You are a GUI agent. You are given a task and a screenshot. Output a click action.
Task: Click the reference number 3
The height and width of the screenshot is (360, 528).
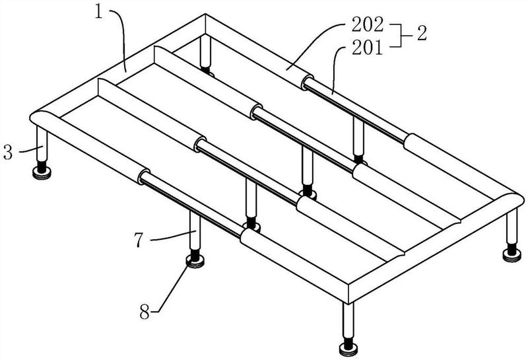pyautogui.click(x=8, y=153)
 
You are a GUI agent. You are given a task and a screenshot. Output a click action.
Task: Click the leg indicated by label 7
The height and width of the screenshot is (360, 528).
pyautogui.click(x=195, y=231)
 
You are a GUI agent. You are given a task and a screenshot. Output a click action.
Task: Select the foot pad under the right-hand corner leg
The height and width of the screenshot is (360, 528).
pyautogui.click(x=511, y=254)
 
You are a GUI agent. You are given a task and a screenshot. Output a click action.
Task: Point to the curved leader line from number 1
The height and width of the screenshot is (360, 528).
pyautogui.click(x=120, y=40)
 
